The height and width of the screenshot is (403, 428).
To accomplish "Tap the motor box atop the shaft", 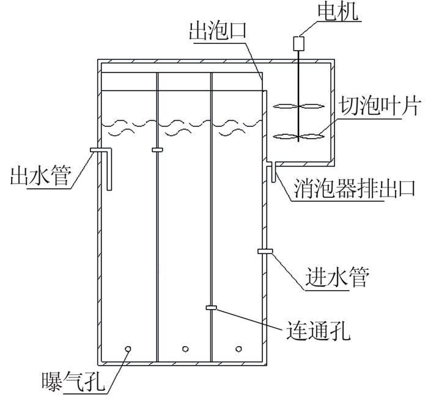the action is tap(299, 43).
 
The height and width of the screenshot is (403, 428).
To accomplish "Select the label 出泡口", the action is tap(218, 31).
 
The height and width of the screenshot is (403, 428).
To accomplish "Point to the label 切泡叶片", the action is tap(378, 106).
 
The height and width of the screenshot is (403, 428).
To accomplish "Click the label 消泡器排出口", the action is tap(354, 188).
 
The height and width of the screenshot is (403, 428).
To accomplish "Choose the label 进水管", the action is tap(337, 277).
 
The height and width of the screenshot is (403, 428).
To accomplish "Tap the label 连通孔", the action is tap(319, 330).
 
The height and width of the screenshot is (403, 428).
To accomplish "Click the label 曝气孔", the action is tap(73, 382).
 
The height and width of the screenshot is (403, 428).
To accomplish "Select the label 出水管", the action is tap(41, 176).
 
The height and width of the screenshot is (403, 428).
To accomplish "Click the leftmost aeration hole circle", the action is tap(128, 349).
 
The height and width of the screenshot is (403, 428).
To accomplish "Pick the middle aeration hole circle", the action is tap(185, 349).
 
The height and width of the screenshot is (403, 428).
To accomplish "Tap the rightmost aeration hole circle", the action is tap(239, 349).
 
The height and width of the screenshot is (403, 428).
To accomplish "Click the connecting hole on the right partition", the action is tap(212, 308).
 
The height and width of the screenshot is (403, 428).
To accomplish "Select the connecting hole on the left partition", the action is tap(157, 150).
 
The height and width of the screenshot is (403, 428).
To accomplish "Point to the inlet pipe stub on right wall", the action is tap(265, 251).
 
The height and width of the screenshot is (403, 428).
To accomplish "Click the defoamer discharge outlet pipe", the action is tap(273, 172).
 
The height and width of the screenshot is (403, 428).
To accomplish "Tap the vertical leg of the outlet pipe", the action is tap(109, 170).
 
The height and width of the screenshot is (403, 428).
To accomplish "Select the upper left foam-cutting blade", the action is tap(286, 106).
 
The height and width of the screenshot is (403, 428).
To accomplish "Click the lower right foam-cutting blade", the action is tap(312, 136).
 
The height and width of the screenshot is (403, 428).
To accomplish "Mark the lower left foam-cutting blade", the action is tap(286, 136).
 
